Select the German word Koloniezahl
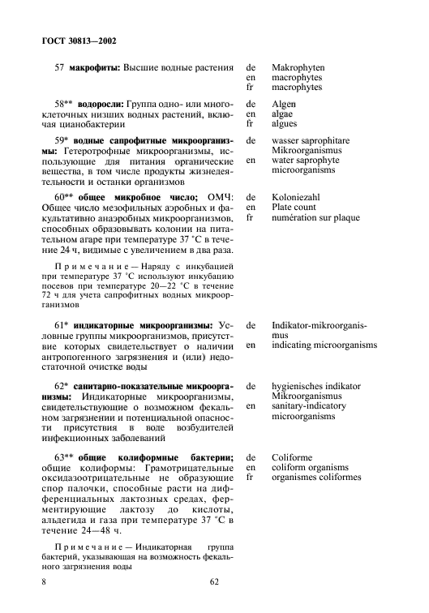298,198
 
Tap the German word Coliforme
294,458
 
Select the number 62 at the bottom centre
214,581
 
